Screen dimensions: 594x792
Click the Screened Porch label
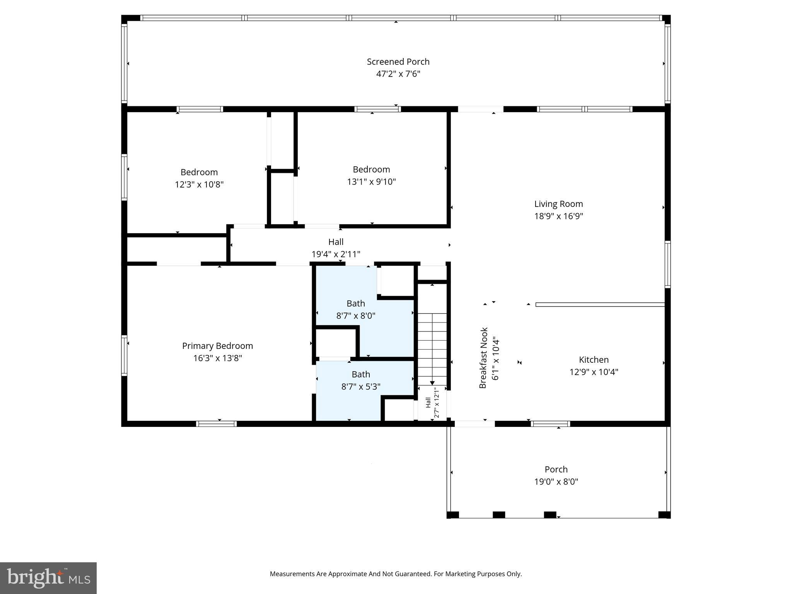pyautogui.click(x=398, y=61)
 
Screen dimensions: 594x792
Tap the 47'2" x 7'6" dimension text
pyautogui.click(x=398, y=74)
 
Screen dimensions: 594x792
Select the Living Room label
pyautogui.click(x=558, y=204)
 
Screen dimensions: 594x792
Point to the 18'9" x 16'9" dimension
pyautogui.click(x=558, y=216)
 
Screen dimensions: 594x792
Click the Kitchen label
pyautogui.click(x=594, y=360)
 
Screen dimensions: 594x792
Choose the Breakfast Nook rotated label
pyautogui.click(x=483, y=358)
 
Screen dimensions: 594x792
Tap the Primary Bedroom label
pyautogui.click(x=217, y=346)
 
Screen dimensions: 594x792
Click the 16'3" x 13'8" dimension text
pyautogui.click(x=217, y=358)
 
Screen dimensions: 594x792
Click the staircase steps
pyautogui.click(x=432, y=348)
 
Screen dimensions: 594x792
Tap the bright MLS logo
pyautogui.click(x=48, y=578)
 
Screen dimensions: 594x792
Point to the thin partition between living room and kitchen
pyautogui.click(x=599, y=305)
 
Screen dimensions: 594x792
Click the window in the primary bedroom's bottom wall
pyautogui.click(x=216, y=424)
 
